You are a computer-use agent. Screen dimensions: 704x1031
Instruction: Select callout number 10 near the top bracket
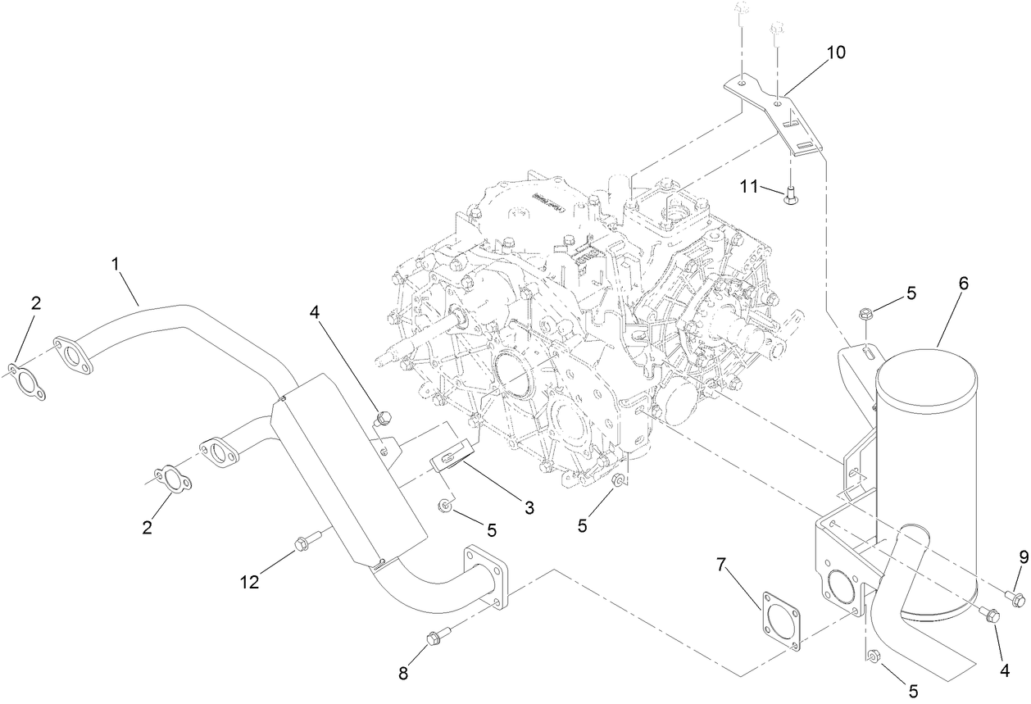[x=835, y=53]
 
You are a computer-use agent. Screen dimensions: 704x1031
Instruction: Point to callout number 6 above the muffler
[x=963, y=283]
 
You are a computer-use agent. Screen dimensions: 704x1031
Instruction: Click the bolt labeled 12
[x=302, y=543]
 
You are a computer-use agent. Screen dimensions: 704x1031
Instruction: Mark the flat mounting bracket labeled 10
[x=779, y=115]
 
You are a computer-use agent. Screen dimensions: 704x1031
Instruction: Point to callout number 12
[x=249, y=582]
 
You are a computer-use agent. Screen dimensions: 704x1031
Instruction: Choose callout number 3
[x=529, y=508]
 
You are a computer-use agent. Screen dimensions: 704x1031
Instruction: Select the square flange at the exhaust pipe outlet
[x=487, y=579]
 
